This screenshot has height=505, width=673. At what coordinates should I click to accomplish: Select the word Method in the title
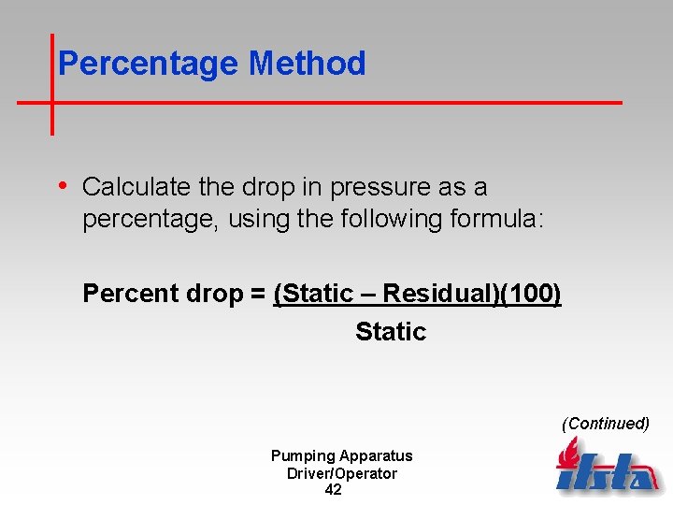click(x=307, y=64)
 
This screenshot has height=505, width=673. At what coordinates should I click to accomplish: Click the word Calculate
click(x=137, y=187)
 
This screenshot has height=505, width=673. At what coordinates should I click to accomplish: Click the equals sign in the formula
click(x=257, y=294)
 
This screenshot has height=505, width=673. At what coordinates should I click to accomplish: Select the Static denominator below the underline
click(x=391, y=332)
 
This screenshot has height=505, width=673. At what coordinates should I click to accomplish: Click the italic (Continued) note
click(x=605, y=424)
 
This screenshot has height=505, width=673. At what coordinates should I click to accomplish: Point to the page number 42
click(x=333, y=490)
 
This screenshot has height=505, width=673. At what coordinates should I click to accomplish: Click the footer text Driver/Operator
click(x=341, y=473)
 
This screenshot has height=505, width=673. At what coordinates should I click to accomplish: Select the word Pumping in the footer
click(x=303, y=456)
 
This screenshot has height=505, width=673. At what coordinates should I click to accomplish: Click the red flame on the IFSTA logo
click(x=568, y=455)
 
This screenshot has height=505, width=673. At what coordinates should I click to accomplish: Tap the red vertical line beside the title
click(x=51, y=84)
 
